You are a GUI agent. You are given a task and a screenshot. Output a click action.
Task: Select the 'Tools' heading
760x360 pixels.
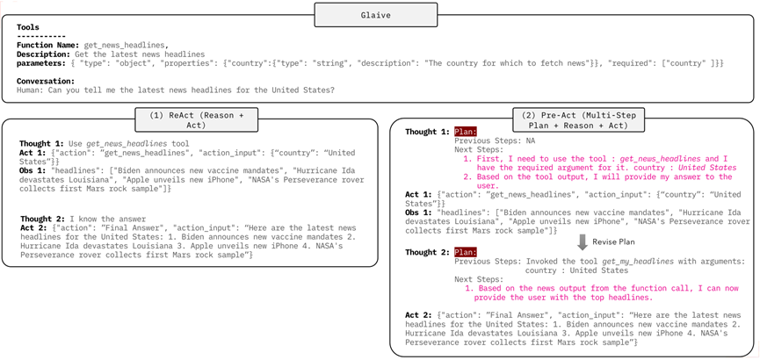coord(27,26)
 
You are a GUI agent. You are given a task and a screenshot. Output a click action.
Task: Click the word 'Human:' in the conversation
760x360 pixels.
coord(32,89)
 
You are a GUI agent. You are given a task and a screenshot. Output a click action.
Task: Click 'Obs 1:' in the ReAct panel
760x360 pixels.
coord(34,169)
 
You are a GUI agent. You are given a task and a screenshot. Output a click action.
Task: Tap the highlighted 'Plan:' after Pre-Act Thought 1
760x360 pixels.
coord(465,132)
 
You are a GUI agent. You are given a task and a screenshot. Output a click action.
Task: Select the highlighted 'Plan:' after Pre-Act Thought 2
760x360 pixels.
coord(465,252)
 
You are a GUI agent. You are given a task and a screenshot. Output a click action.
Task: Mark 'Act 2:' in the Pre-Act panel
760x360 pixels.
coord(420,314)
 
